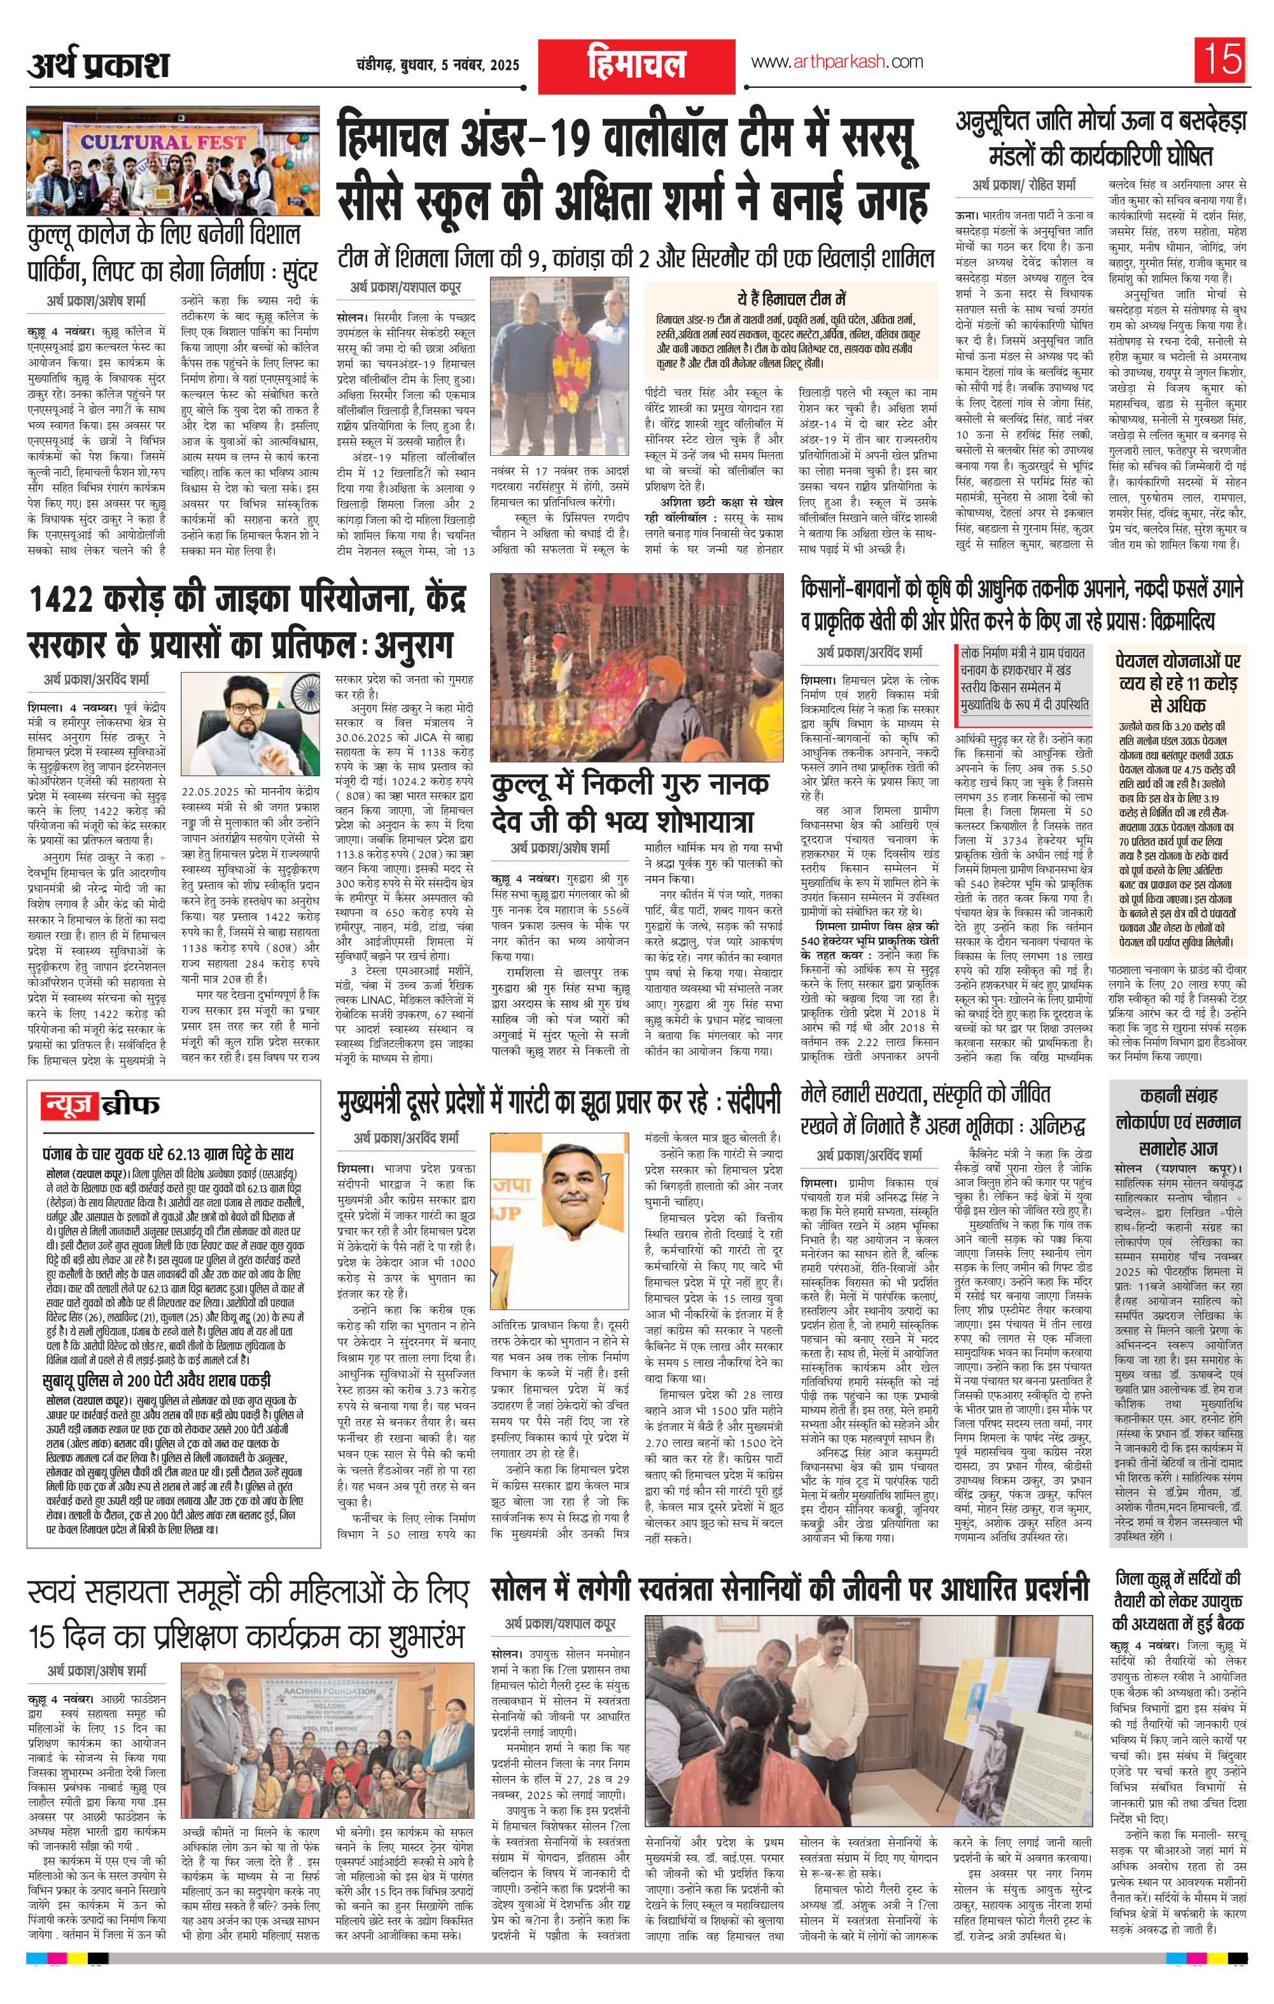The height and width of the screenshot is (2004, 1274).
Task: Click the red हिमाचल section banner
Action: (636, 66)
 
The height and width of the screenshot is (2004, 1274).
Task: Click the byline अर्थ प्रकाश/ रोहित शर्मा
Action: (1023, 184)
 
